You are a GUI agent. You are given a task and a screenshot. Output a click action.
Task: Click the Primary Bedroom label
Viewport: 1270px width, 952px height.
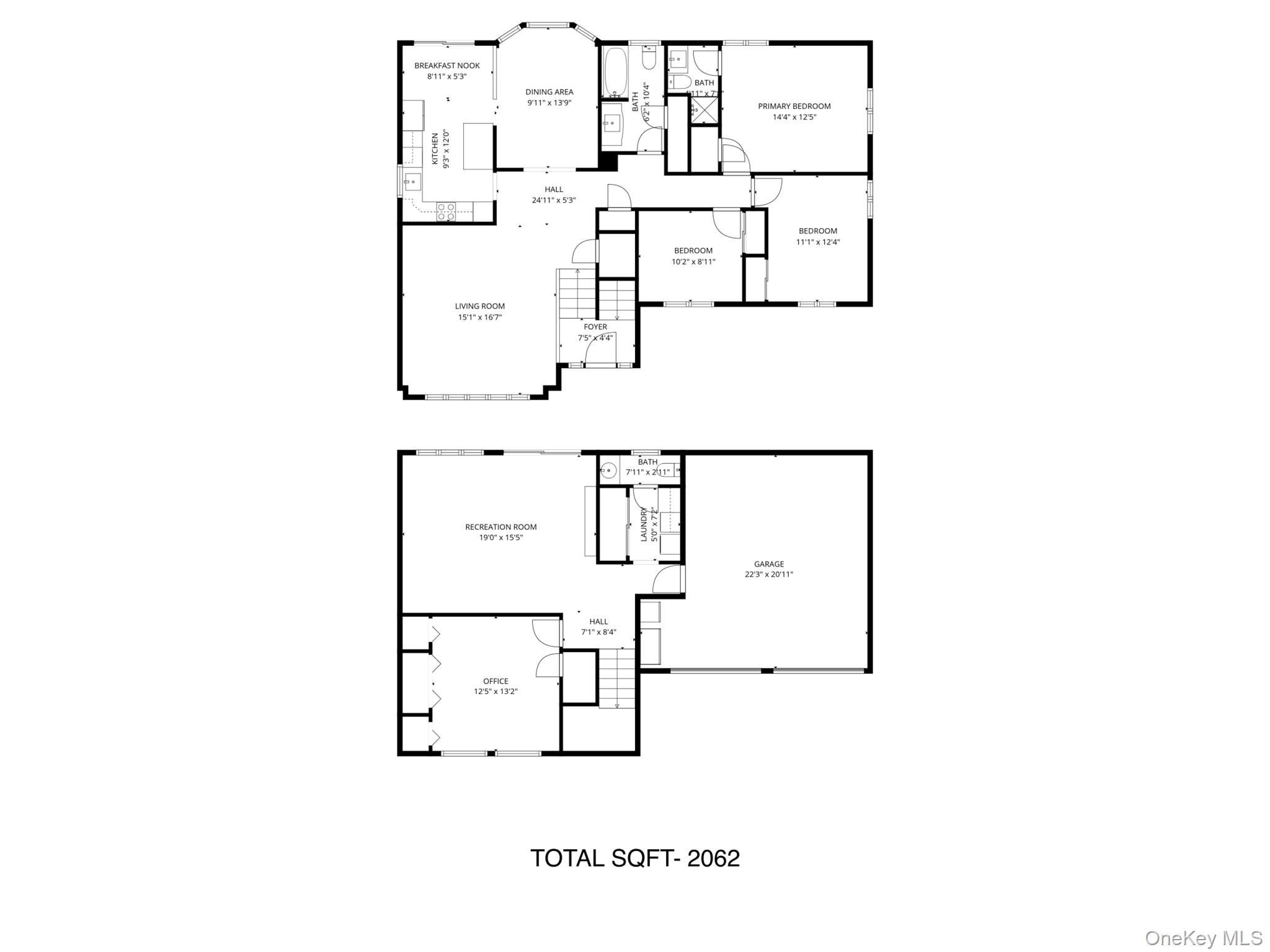[794, 106]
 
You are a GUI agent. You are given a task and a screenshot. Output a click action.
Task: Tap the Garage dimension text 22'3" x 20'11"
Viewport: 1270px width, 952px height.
[769, 575]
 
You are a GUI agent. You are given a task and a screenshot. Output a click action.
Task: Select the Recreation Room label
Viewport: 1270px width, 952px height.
[500, 527]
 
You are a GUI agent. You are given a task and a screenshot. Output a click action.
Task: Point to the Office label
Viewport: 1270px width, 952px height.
[495, 681]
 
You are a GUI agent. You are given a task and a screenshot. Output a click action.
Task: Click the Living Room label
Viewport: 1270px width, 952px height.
[479, 306]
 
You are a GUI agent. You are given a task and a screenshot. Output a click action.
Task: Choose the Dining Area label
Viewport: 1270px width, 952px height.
[549, 92]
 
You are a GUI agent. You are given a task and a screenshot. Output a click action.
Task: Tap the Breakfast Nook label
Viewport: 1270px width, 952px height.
[446, 66]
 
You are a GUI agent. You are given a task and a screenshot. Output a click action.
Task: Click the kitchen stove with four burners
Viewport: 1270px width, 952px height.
[446, 211]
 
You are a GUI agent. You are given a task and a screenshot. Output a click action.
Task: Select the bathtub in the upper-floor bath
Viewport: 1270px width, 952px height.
[615, 73]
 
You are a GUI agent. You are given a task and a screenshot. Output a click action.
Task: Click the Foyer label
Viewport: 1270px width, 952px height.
[595, 327]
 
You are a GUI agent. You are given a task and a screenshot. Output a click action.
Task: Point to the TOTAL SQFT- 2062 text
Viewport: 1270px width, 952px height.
[635, 858]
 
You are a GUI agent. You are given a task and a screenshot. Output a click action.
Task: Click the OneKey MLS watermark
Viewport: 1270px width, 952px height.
[1203, 938]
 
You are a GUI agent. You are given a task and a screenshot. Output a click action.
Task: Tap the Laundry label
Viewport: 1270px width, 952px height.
[644, 524]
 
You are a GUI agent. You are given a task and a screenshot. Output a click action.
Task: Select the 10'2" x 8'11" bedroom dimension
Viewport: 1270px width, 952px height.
[693, 262]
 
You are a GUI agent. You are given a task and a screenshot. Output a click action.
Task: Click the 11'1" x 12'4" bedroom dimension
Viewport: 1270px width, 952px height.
[817, 242]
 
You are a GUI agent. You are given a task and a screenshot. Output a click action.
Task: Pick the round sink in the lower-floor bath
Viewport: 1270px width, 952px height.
[608, 472]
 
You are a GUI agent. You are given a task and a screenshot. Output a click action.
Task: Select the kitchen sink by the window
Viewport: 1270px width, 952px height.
[412, 182]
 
